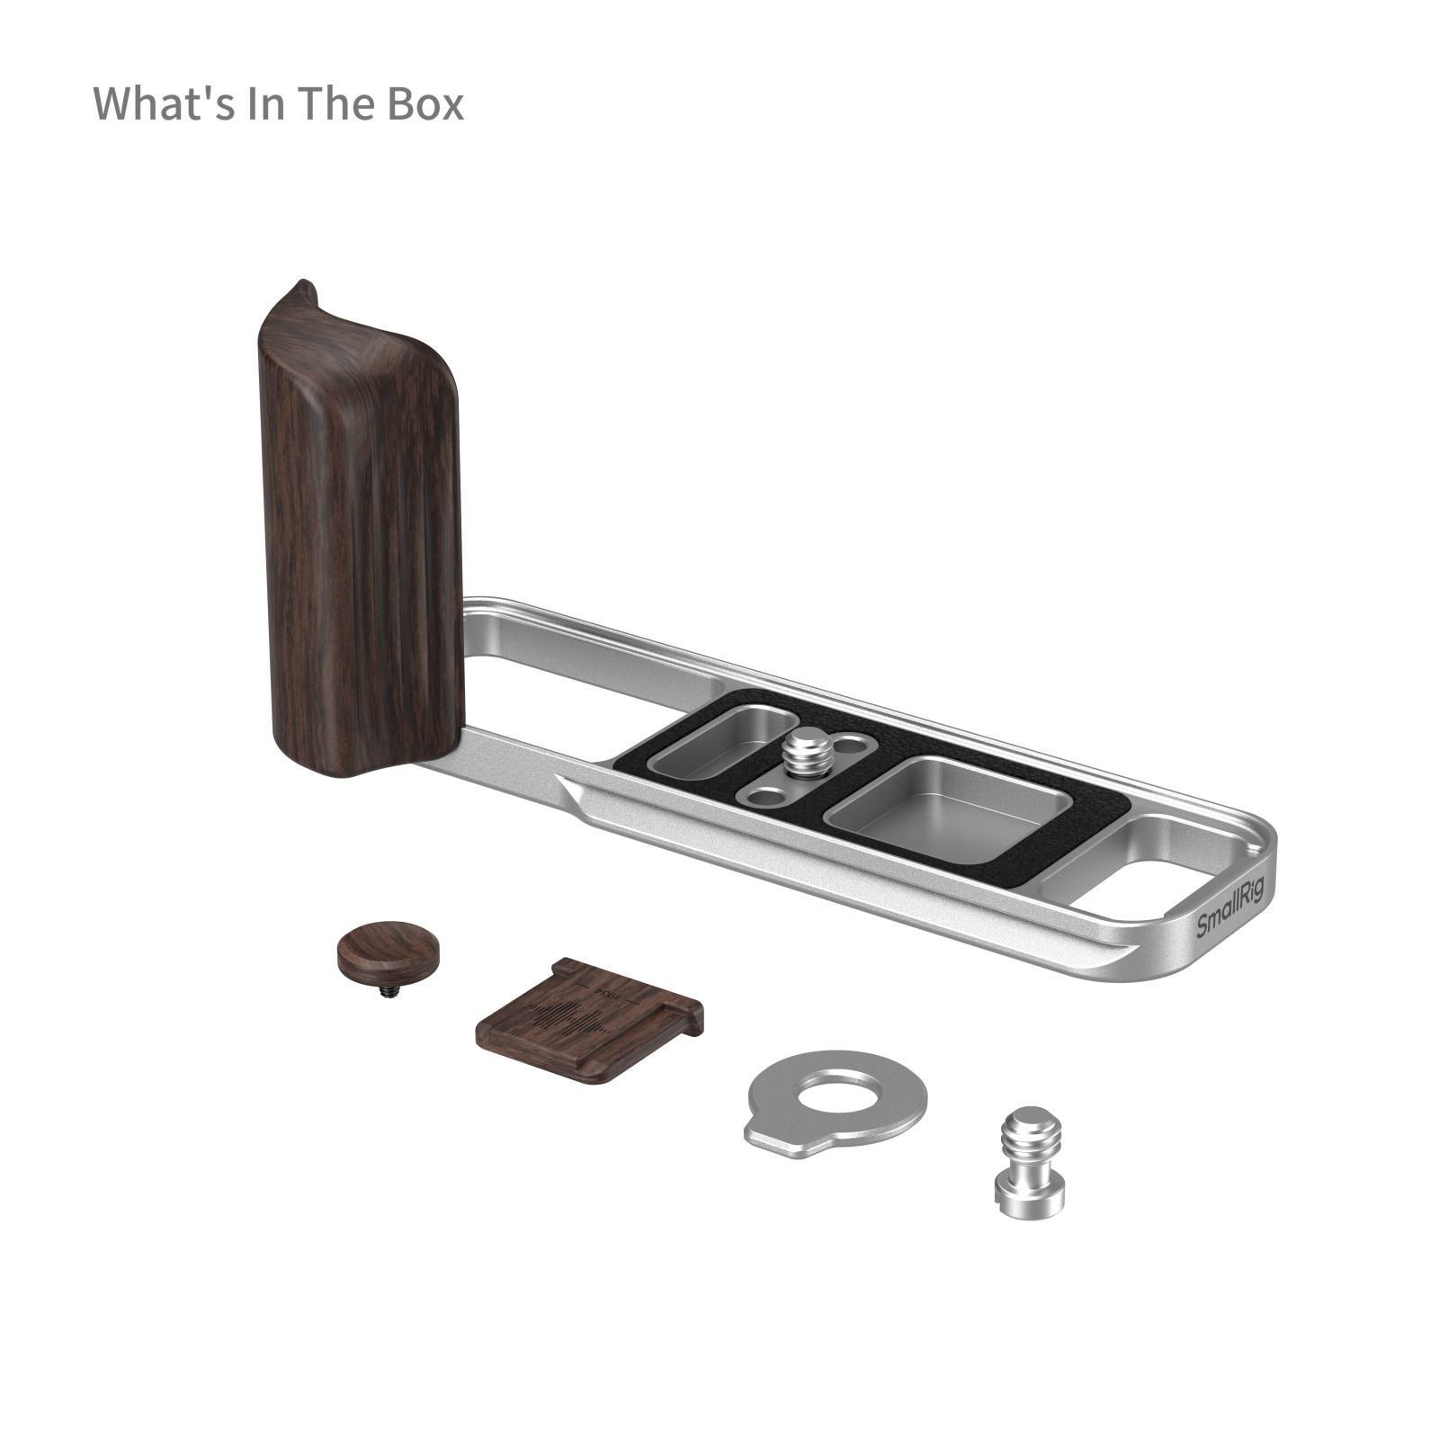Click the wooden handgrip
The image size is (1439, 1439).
point(360,540)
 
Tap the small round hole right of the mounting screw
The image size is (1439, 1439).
point(851,746)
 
